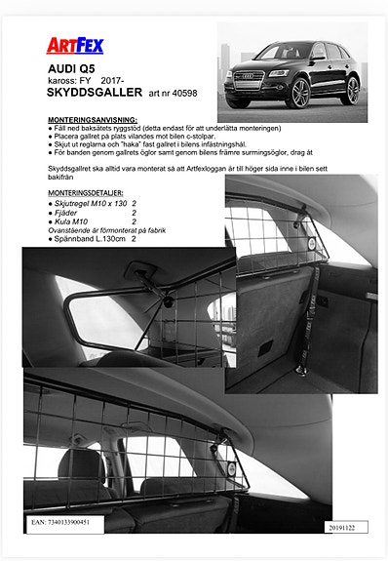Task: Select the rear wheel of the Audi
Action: click(351, 88)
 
